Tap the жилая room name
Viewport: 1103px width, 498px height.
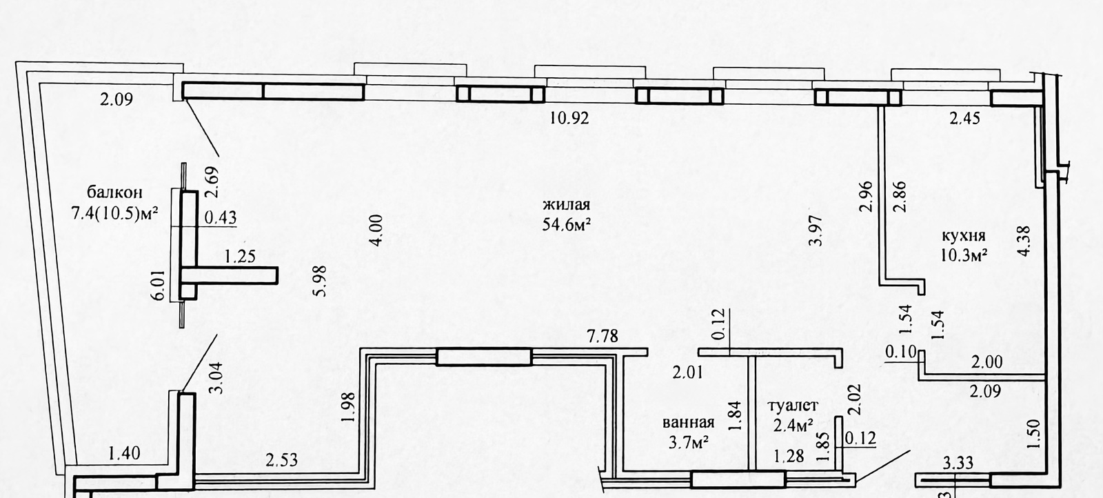coord(566,204)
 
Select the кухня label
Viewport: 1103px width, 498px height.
coord(964,235)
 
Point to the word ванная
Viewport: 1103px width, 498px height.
coord(689,423)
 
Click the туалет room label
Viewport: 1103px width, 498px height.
coord(793,406)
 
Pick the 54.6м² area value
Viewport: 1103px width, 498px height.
coord(566,224)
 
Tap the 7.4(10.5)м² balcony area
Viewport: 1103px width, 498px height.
coord(114,213)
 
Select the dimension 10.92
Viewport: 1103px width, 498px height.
coord(569,118)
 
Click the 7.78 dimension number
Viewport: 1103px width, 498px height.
coord(603,337)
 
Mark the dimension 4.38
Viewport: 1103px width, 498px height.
coord(1023,241)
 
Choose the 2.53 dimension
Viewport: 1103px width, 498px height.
coord(282,460)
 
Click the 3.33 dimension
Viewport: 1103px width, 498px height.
coord(958,464)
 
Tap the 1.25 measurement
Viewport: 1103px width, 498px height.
coord(240,257)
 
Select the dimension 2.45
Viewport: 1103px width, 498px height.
coord(964,118)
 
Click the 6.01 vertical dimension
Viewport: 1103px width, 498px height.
coord(158,285)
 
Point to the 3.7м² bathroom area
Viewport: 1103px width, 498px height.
coord(689,442)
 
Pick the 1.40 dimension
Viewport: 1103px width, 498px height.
coord(124,453)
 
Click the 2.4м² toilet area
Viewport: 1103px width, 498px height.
coord(793,425)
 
